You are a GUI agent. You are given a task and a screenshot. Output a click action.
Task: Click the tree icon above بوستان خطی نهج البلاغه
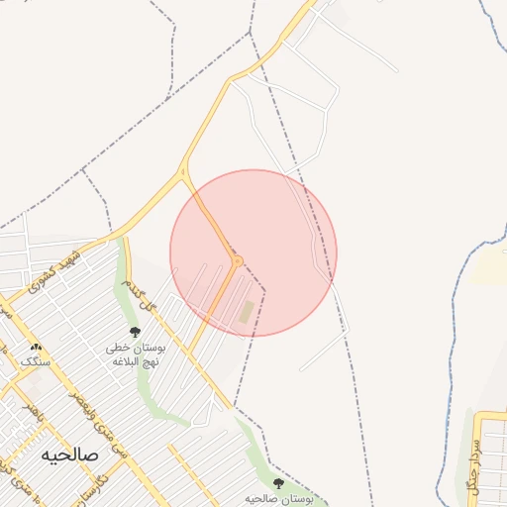pos(135,332)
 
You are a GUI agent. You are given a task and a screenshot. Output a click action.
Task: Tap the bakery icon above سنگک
pos(38,347)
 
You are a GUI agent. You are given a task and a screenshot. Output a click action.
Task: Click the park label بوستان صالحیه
pos(279,500)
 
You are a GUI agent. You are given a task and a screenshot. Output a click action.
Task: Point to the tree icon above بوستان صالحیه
pos(278,483)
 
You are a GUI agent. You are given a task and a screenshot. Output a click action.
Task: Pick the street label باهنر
pos(32,408)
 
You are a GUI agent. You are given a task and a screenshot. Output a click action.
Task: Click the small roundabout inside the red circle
pos(237,260)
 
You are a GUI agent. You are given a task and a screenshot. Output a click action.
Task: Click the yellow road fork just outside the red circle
pos(183,174)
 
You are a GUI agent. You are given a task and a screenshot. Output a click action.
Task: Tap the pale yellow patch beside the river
pos(491,265)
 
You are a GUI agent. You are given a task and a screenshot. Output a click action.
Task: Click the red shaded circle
pos(287,228)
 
